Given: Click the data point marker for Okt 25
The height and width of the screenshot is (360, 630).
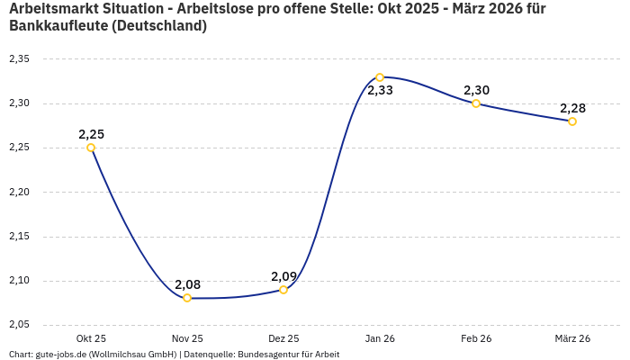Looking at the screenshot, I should [91, 148].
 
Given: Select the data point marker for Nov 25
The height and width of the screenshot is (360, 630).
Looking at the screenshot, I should [187, 298].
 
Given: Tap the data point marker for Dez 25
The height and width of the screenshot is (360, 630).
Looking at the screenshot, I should [283, 290].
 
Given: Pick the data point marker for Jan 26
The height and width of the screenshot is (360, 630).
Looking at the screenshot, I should [380, 77].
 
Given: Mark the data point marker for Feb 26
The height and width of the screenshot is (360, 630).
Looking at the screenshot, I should [476, 103].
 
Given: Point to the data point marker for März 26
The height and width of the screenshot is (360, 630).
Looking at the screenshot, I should [572, 121].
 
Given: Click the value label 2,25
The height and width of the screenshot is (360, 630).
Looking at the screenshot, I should [91, 134].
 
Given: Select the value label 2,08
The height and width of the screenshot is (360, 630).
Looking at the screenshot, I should [187, 284].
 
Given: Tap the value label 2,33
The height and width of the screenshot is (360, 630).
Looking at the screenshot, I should [380, 91].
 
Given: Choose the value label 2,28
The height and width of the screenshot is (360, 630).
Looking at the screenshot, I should [572, 108].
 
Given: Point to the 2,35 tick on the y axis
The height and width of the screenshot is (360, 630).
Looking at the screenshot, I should [19, 59].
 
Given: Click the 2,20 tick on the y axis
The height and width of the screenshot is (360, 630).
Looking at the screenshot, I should [19, 192].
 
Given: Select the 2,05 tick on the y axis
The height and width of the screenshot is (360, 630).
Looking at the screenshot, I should [19, 324].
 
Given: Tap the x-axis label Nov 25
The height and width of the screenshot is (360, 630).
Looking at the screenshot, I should [187, 338].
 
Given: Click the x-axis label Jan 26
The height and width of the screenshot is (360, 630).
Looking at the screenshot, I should [380, 338].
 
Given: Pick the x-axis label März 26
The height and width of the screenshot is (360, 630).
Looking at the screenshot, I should [572, 338].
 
